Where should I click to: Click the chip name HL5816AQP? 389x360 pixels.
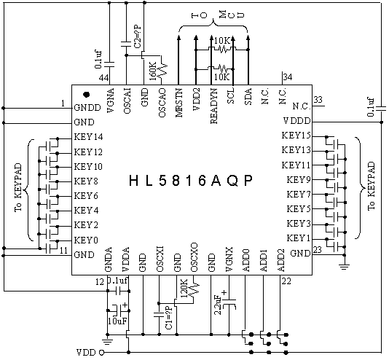coord(191,181)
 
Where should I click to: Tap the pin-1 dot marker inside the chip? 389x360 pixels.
coord(87,95)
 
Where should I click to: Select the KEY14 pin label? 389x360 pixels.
coord(89,137)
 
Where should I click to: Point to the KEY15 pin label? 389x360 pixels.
coord(296,136)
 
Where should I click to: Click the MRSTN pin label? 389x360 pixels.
coord(179,103)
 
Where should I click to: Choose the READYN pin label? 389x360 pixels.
coord(213,106)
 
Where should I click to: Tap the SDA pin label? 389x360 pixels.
coord(248,96)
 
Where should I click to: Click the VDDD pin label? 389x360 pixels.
coord(296,121)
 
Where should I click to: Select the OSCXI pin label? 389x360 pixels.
coord(160,259)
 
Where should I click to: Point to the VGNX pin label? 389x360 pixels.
coord(229,259)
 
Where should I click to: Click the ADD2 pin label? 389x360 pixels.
coord(281,260)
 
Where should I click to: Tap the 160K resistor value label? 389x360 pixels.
coord(153,71)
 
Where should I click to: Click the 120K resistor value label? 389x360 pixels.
coord(184,289)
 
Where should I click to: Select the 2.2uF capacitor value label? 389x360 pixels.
coord(218,305)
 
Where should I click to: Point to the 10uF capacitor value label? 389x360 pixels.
coord(117,321)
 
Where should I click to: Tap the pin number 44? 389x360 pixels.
coord(103,78)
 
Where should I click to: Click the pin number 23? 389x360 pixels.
coord(317,249)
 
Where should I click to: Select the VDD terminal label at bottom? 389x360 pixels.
coord(86,352)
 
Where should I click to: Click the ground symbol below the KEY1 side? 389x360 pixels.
coord(345,267)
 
